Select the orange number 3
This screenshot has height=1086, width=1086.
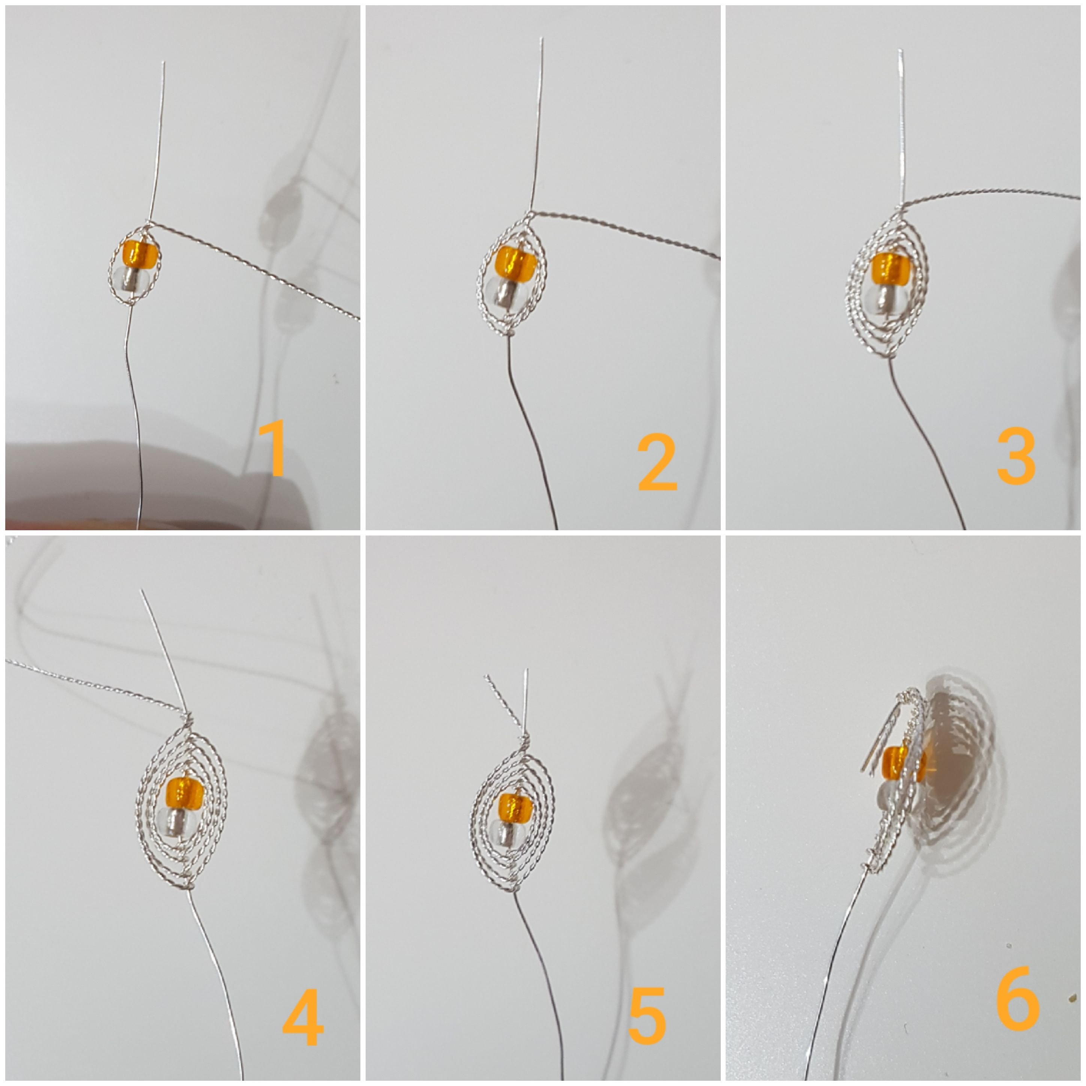[1016, 456]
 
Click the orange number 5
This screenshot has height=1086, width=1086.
[646, 1016]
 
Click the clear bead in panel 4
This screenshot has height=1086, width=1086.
[178, 822]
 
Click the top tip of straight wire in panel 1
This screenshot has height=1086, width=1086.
[163, 63]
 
